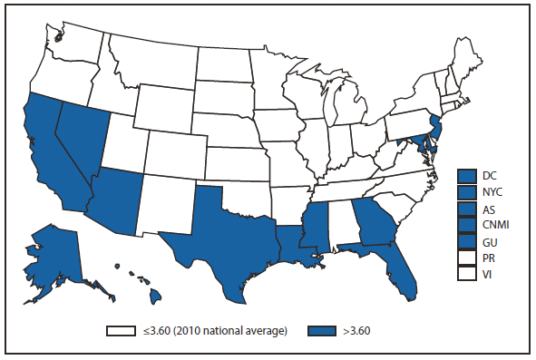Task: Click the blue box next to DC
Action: [468, 175]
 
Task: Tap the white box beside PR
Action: [468, 258]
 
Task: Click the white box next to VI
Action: [468, 274]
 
